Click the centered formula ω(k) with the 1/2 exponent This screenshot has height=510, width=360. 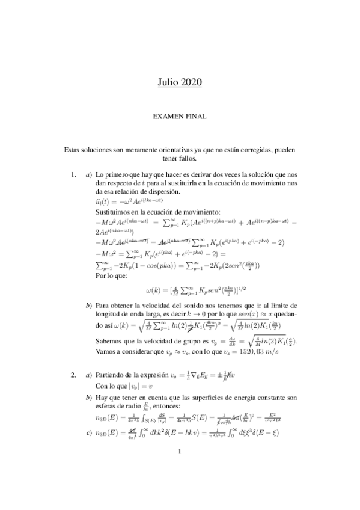coord(180,292)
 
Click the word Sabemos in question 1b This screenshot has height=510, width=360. coord(109,342)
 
